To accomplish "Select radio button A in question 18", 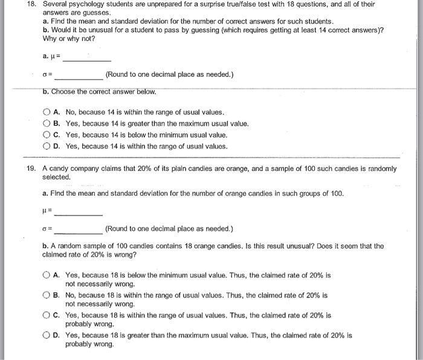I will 47,112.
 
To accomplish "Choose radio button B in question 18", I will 47,124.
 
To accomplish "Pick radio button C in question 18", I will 47,135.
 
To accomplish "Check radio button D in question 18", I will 47,146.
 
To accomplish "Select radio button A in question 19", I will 47,275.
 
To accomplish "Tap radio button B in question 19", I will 47,295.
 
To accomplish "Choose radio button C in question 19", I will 47,315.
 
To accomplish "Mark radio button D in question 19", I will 47,335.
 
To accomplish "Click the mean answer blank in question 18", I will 87,59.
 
